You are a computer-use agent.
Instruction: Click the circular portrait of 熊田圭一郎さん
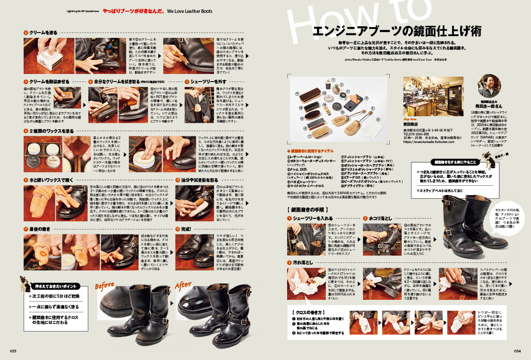click(489, 86)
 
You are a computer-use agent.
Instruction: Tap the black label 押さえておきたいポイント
click(56, 286)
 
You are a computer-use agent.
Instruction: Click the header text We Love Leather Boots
click(189, 11)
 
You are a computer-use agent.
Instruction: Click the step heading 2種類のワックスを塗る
click(52, 131)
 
